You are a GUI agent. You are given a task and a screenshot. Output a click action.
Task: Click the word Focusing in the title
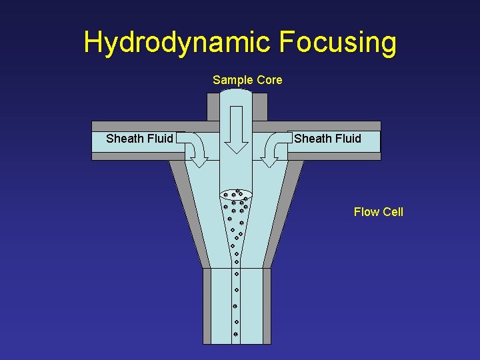(337, 43)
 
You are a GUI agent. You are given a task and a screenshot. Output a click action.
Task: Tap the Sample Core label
(247, 80)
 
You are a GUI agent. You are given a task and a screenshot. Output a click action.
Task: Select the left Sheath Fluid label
(139, 139)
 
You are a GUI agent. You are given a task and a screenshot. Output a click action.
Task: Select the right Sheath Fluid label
(327, 139)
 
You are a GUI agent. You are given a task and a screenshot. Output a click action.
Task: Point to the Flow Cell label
(378, 212)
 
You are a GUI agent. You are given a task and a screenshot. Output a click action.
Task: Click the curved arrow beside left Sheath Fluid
(195, 148)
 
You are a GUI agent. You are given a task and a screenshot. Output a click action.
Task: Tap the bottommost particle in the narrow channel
(236, 333)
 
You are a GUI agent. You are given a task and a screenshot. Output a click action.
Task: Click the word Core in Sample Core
(269, 80)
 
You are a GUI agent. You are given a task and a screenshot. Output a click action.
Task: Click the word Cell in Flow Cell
(393, 212)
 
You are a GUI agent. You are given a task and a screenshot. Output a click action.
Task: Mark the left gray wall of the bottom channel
(207, 306)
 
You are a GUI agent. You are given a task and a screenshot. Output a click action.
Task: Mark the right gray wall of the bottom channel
(267, 306)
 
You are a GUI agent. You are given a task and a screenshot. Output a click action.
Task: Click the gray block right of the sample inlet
(261, 107)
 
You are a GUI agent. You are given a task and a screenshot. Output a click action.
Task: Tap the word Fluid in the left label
(158, 139)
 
